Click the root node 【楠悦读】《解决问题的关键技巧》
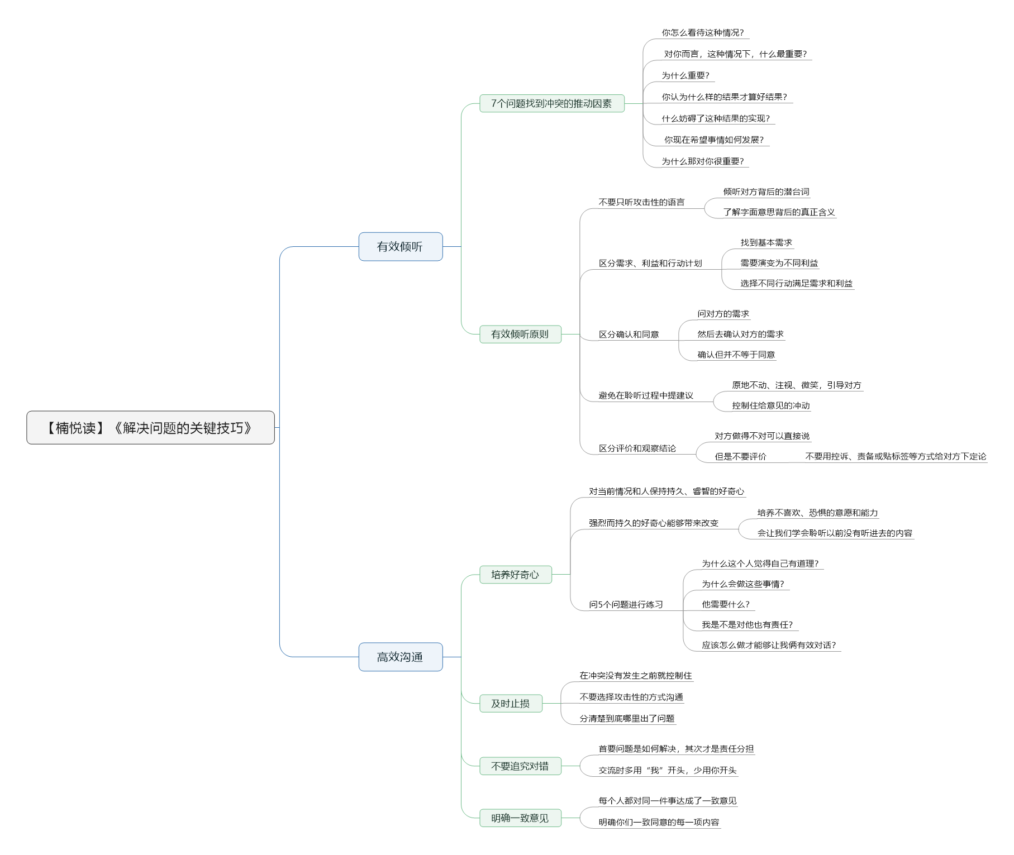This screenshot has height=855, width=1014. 150,428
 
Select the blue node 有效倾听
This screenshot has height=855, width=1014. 401,247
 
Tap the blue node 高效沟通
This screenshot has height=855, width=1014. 401,657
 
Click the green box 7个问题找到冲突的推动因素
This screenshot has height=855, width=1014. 552,103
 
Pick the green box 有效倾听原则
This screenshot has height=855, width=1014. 520,334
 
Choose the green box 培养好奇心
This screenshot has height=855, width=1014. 516,575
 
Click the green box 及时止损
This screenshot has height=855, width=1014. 511,704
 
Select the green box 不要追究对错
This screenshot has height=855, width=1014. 520,766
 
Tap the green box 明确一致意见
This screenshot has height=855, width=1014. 520,818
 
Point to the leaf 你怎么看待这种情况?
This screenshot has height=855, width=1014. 703,33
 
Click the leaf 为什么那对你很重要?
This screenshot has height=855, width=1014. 703,161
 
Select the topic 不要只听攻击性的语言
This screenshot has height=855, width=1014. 641,202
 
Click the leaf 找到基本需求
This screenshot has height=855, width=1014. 766,242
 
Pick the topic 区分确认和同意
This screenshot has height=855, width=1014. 629,335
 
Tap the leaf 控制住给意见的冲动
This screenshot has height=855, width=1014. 770,405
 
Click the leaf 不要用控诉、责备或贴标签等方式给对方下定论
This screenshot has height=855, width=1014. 896,456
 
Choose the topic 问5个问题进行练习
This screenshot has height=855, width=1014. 626,604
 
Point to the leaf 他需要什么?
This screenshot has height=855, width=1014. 726,604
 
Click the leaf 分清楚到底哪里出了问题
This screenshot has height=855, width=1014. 627,718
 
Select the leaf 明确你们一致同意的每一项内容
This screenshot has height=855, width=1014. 659,822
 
